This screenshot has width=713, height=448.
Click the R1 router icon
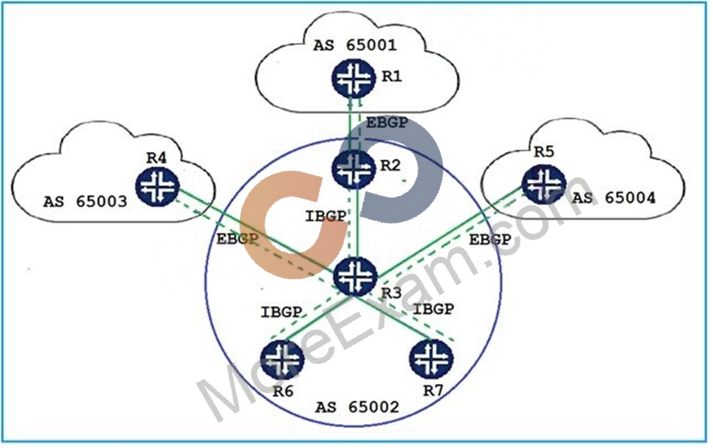354,78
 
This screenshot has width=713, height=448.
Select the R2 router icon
354,168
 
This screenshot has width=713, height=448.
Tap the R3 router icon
355,276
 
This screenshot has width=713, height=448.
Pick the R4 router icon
158,186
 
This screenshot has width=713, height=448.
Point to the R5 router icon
544,184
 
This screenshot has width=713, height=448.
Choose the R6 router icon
282,360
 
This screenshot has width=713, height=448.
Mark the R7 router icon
432,360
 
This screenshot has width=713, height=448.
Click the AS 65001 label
354,45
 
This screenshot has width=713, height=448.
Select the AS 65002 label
357,406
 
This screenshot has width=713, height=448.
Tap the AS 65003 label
85,201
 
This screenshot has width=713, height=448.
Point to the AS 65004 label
613,198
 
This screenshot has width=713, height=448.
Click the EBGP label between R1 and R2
387,122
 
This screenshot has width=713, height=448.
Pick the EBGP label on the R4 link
237,239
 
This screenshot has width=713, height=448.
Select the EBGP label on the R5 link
490,239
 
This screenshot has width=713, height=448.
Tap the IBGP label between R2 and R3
325,216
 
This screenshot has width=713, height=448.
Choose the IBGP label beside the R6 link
281,313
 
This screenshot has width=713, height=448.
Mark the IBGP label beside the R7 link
433,309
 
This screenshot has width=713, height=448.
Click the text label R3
391,293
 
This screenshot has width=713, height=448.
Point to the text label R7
433,391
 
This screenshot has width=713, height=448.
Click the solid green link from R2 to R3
358,222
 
